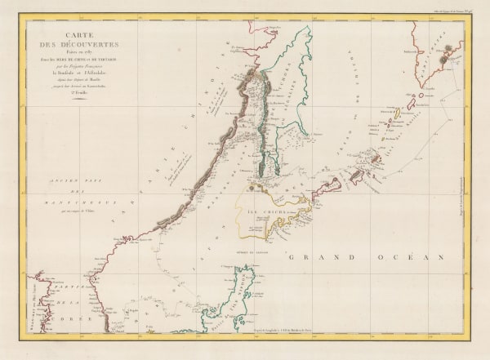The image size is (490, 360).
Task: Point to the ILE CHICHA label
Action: (x=262, y=215)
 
